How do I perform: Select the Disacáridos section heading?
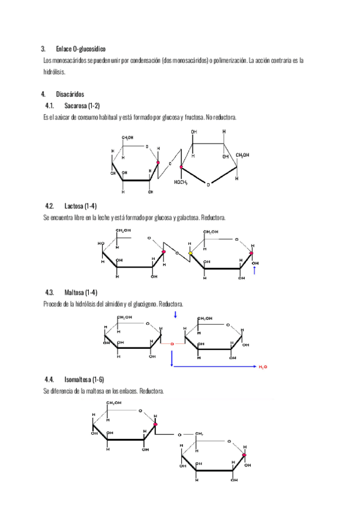(x=70, y=94)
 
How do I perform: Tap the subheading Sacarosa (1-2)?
(x=82, y=106)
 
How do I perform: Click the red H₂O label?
(x=263, y=366)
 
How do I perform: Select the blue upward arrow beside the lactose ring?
(x=254, y=271)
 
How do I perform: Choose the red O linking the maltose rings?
(x=172, y=344)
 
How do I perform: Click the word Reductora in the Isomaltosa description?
(x=151, y=391)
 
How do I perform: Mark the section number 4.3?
(x=50, y=292)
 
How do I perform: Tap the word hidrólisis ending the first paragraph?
(x=54, y=71)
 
